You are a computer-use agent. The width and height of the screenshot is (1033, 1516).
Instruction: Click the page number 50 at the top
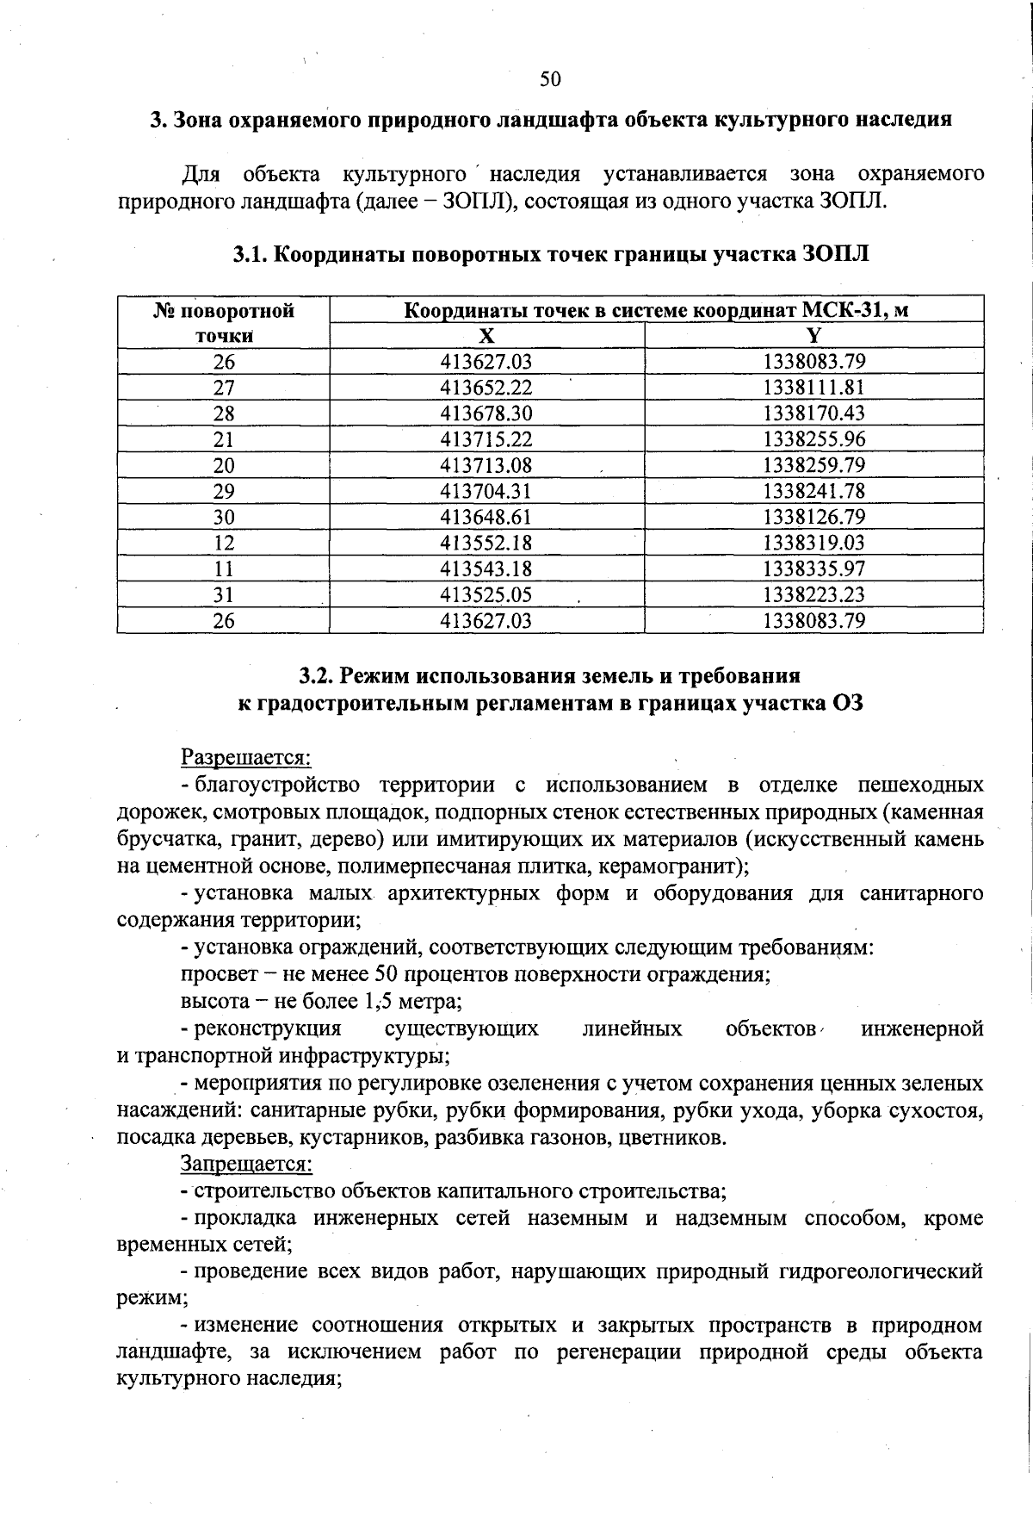(550, 79)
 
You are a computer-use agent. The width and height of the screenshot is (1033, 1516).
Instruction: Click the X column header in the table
(486, 336)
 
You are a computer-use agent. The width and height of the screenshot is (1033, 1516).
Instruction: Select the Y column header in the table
(813, 336)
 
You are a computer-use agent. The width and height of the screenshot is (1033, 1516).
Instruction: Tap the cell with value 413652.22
(486, 388)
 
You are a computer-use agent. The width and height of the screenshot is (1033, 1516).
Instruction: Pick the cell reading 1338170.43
(813, 413)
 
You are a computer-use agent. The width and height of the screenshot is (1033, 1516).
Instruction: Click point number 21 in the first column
(224, 439)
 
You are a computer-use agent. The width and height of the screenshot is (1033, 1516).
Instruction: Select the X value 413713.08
(486, 466)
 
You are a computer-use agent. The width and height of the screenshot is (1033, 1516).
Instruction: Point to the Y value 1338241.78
(813, 492)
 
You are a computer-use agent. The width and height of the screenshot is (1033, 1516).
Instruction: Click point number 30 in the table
(224, 518)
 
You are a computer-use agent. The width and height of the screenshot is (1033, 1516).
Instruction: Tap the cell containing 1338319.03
(813, 544)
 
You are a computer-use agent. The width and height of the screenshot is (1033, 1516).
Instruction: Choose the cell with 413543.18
(486, 569)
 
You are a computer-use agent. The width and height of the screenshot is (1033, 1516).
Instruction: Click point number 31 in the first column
(224, 595)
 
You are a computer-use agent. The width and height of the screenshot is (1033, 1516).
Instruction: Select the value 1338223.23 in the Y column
(813, 595)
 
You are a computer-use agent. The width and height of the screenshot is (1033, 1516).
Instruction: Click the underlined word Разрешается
(245, 757)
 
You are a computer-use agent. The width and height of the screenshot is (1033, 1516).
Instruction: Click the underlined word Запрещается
(246, 1165)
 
